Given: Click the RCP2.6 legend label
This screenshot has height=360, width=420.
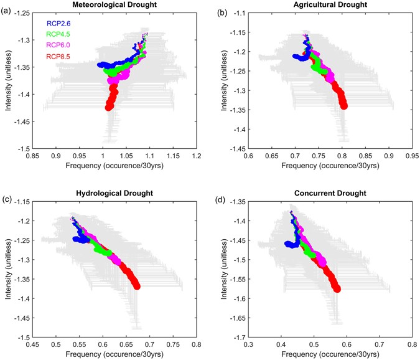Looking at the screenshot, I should pyautogui.click(x=60, y=23).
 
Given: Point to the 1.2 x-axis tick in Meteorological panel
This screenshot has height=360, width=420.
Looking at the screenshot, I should pyautogui.click(x=197, y=156).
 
